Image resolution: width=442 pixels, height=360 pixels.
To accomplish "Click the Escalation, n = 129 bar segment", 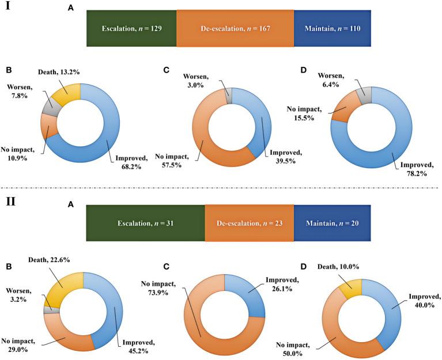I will [x=131, y=28].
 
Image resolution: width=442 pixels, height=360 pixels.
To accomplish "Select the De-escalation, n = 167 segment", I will [x=235, y=28].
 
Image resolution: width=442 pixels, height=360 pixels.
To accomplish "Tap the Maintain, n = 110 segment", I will [x=331, y=28].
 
